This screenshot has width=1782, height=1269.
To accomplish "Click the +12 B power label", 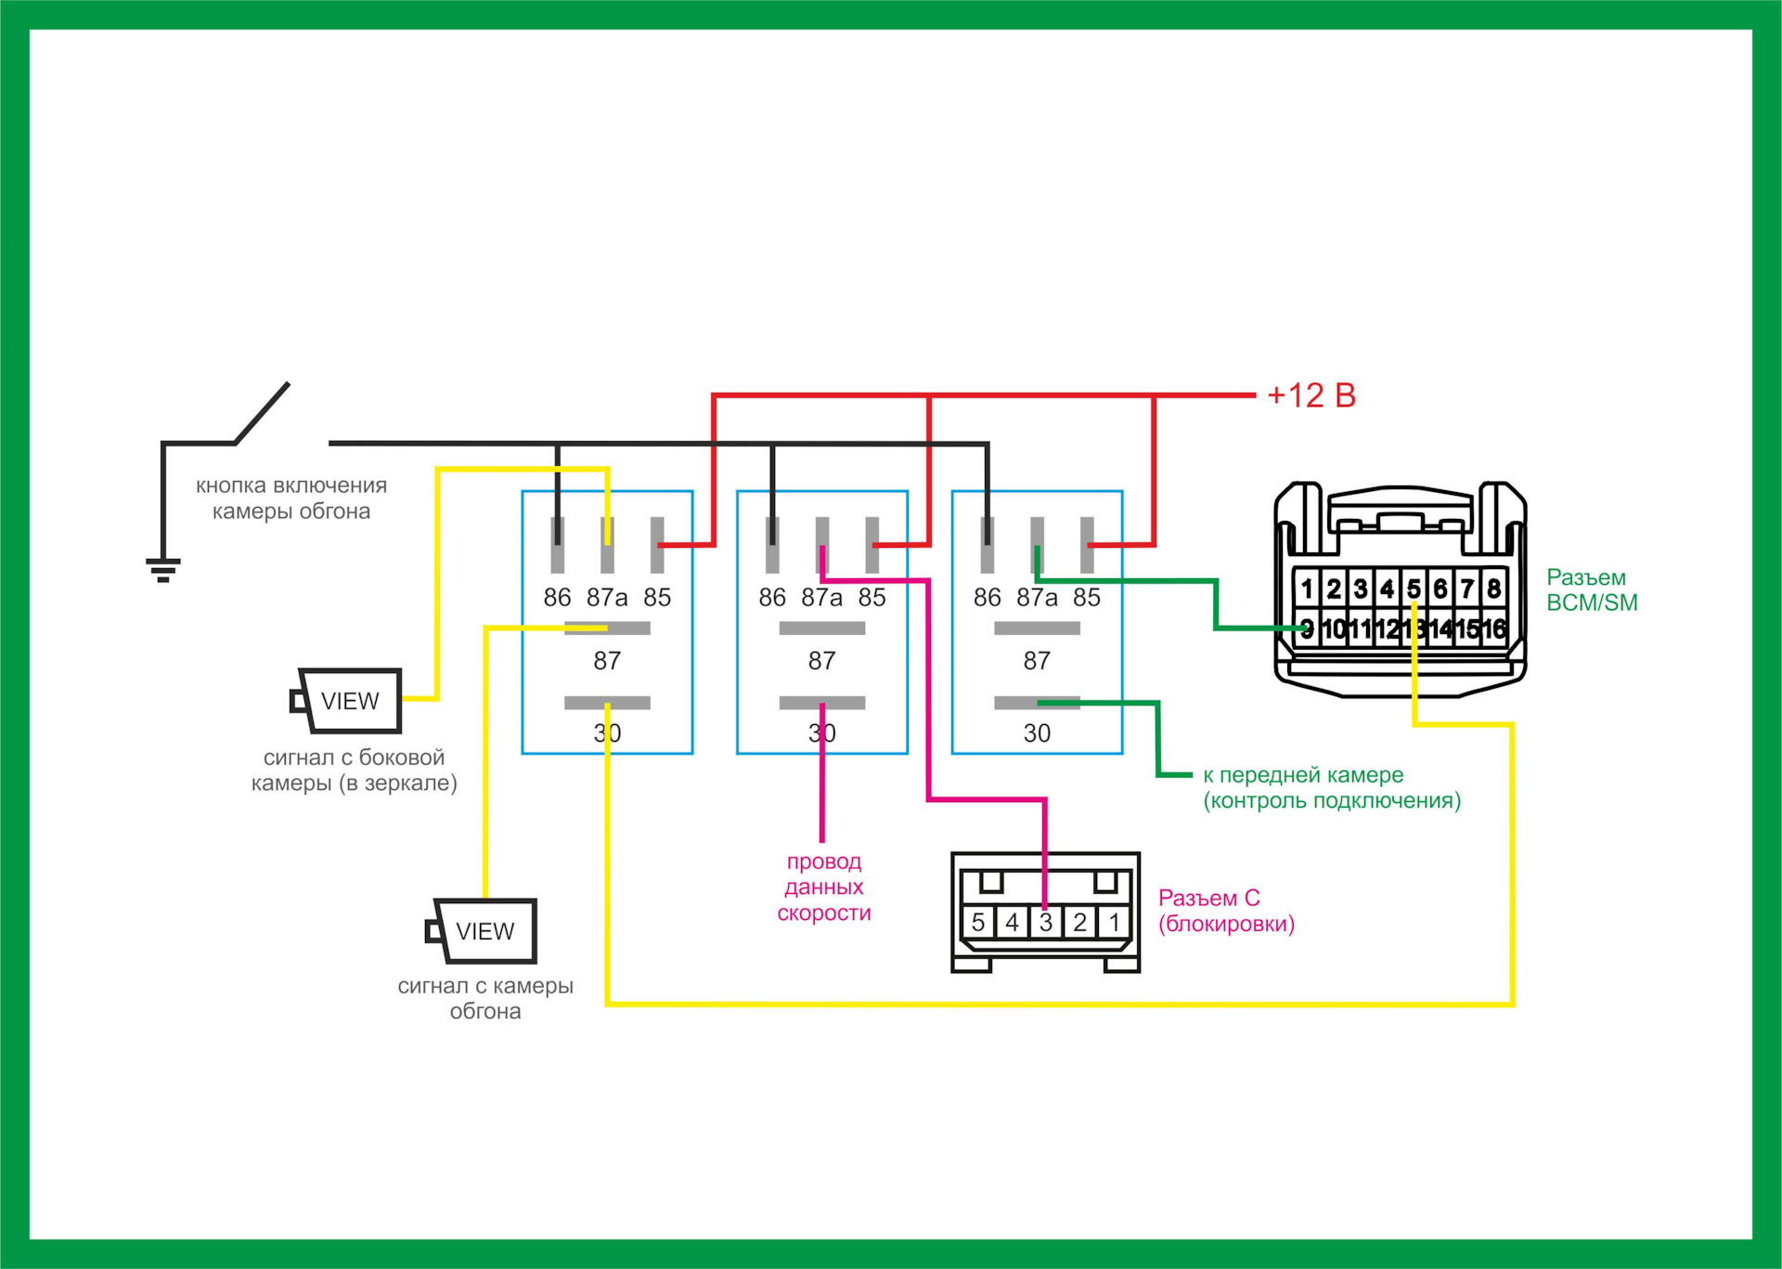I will tap(1311, 395).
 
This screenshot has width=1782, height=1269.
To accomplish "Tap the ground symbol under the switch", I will tap(163, 568).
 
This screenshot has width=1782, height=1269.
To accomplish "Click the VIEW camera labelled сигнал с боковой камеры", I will tap(348, 701).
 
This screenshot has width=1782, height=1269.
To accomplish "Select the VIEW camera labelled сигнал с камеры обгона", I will tap(484, 931).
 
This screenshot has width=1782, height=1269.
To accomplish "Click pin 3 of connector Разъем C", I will tap(1046, 922).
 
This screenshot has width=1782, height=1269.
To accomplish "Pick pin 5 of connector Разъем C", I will tap(978, 922).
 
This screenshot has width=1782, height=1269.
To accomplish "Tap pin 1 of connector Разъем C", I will tap(1114, 922).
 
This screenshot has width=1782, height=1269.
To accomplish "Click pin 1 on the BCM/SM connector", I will tap(1307, 589).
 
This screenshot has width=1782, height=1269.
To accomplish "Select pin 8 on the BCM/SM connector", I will tap(1493, 589).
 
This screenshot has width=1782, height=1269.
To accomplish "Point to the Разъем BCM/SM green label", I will tap(1591, 590).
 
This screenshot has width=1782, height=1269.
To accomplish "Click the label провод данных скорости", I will tap(824, 887).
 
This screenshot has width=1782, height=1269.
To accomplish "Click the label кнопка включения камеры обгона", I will tap(291, 499).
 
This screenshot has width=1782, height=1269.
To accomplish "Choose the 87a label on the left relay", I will tap(607, 598).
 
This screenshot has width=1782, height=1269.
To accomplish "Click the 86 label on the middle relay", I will tap(772, 598).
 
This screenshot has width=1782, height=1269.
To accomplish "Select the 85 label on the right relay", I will tap(1087, 598).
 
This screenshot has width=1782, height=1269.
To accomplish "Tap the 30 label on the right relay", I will tap(1037, 733).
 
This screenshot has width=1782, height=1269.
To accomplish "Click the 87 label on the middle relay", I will tap(821, 661).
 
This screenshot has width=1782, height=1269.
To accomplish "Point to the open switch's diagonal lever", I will tap(263, 413).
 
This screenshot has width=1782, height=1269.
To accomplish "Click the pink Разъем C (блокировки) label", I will tap(1225, 911).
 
